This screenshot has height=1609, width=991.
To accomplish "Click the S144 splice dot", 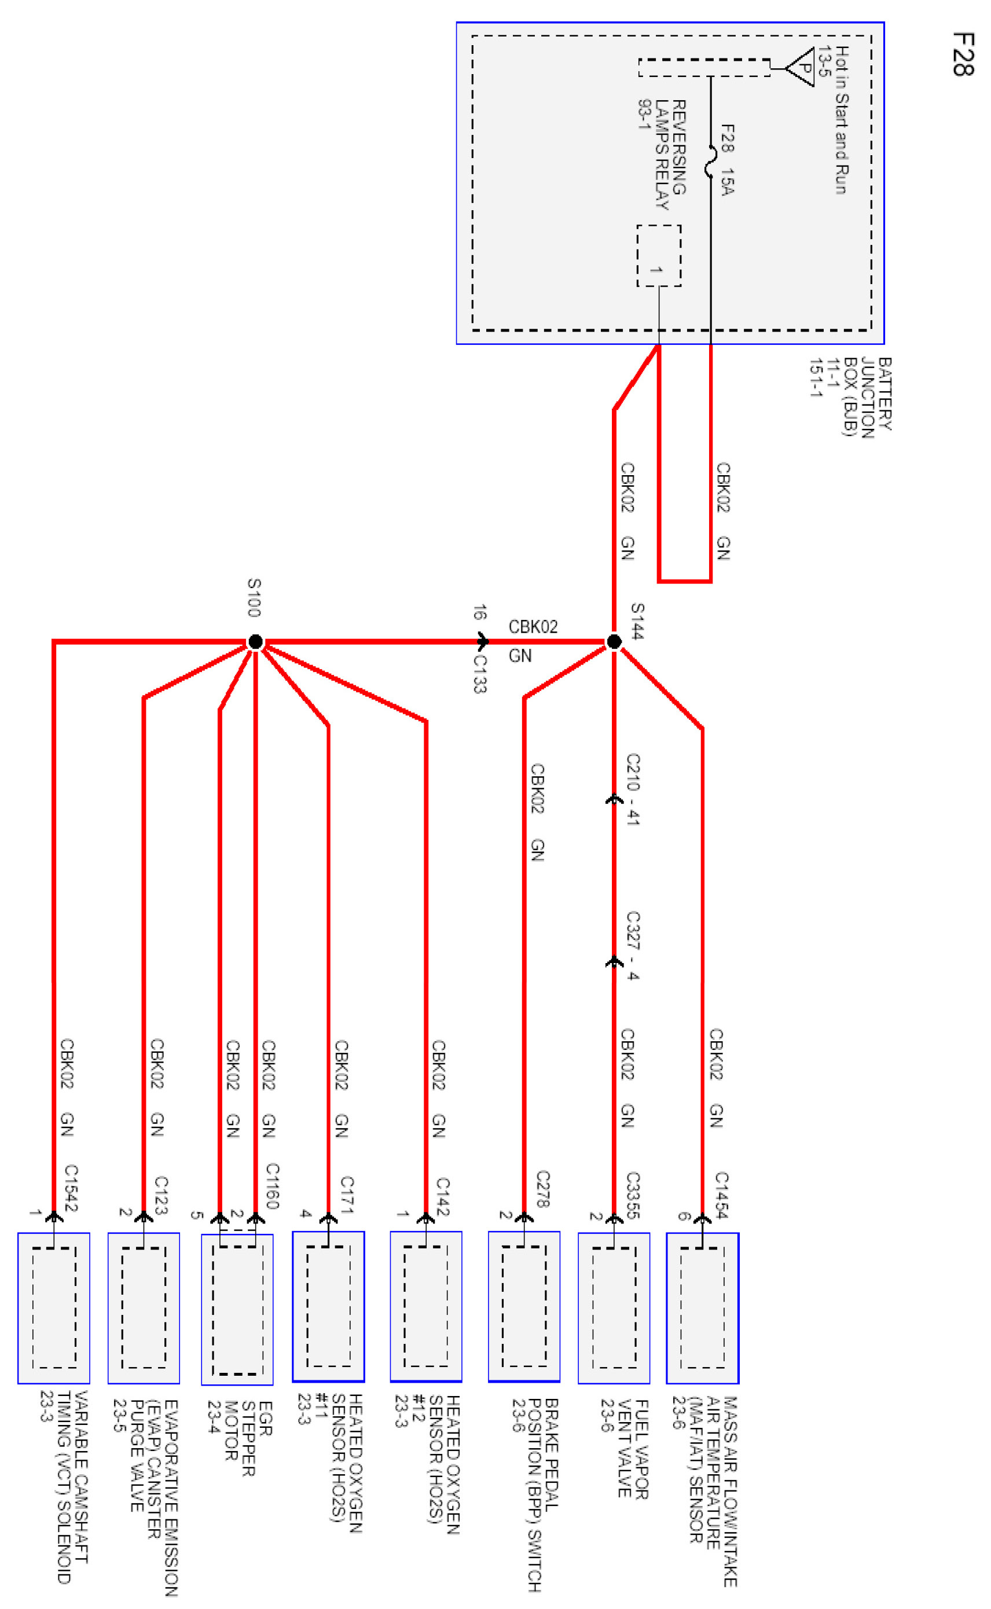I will click(x=614, y=641).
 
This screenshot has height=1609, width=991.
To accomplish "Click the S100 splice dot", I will click(x=256, y=641).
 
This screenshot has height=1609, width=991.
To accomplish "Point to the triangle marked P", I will click(x=802, y=66).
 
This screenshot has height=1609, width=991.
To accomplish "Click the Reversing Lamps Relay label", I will click(x=662, y=154).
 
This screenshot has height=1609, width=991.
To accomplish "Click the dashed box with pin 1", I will click(x=659, y=255).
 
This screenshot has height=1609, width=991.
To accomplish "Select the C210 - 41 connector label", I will click(x=633, y=789).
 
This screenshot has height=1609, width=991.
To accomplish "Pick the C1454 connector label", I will click(x=721, y=1195).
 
